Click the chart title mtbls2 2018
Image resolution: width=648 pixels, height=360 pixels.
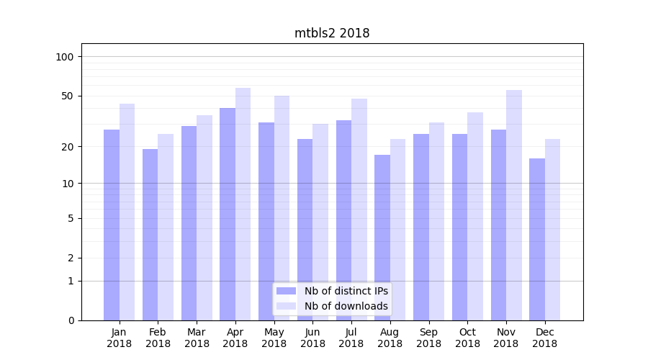[x=332, y=33]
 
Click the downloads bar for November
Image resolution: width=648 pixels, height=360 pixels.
[x=514, y=205]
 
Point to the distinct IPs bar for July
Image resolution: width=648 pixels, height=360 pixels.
[x=343, y=220]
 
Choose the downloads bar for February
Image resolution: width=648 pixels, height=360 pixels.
[x=166, y=227]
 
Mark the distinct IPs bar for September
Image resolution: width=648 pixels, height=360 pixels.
[x=421, y=227]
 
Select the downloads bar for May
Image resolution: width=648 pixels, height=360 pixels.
[x=282, y=208]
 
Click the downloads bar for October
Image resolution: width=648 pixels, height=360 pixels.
[x=475, y=216]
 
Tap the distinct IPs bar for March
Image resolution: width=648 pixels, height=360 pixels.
[x=189, y=223]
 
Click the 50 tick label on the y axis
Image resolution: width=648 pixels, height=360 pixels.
[x=68, y=96]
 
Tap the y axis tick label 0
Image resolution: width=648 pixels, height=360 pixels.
[x=71, y=320]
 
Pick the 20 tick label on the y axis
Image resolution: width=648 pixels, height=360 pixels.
[x=68, y=147]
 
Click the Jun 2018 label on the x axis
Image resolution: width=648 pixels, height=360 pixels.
[x=312, y=338]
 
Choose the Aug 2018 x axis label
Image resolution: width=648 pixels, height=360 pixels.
[x=390, y=338]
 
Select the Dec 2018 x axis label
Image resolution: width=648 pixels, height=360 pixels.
[x=544, y=338]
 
